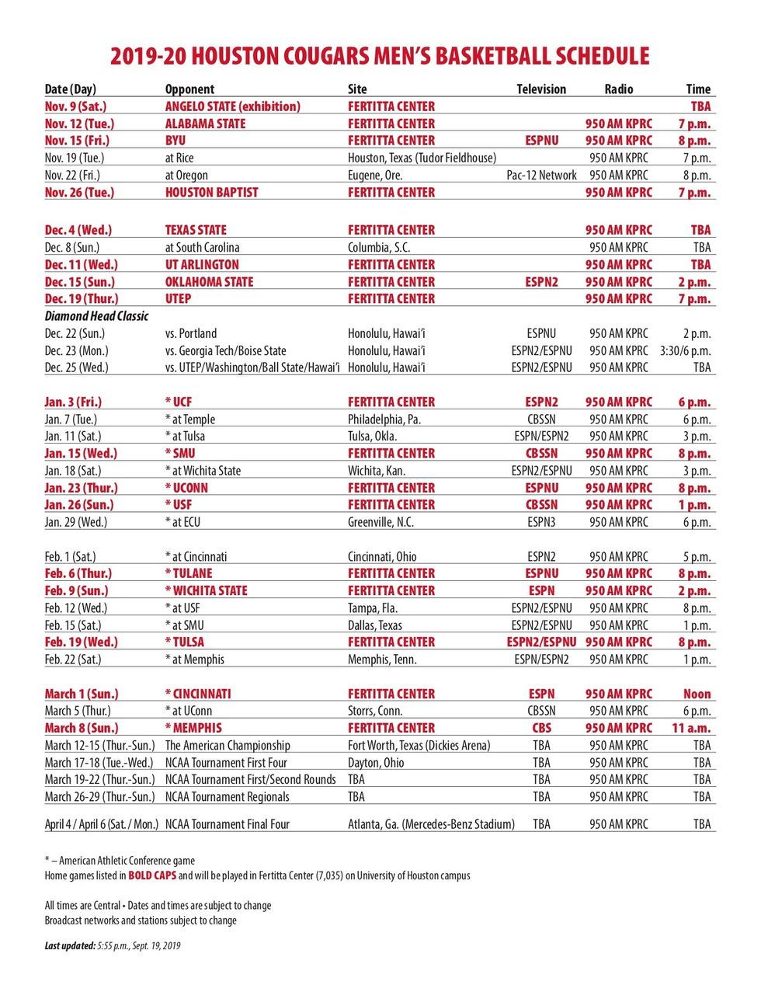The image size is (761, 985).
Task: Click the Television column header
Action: [541, 89]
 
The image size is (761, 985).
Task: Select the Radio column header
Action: [619, 89]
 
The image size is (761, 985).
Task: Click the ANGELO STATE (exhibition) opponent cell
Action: [232, 106]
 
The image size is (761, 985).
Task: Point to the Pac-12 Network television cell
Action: [541, 176]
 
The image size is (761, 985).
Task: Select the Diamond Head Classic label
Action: [96, 316]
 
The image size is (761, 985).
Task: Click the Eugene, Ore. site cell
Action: [375, 176]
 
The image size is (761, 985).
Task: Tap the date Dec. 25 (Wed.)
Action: [76, 367]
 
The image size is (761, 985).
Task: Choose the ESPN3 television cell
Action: [541, 522]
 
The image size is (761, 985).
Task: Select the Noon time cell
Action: [697, 694]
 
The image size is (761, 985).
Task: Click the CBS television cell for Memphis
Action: [541, 728]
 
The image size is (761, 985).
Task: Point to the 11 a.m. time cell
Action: [691, 728]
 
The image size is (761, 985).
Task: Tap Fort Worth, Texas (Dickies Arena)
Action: [419, 745]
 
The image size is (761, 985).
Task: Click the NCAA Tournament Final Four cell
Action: [227, 824]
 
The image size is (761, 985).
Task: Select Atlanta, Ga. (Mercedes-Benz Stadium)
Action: [431, 824]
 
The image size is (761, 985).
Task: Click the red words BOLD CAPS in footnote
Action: [152, 875]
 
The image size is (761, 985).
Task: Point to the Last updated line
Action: [113, 945]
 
